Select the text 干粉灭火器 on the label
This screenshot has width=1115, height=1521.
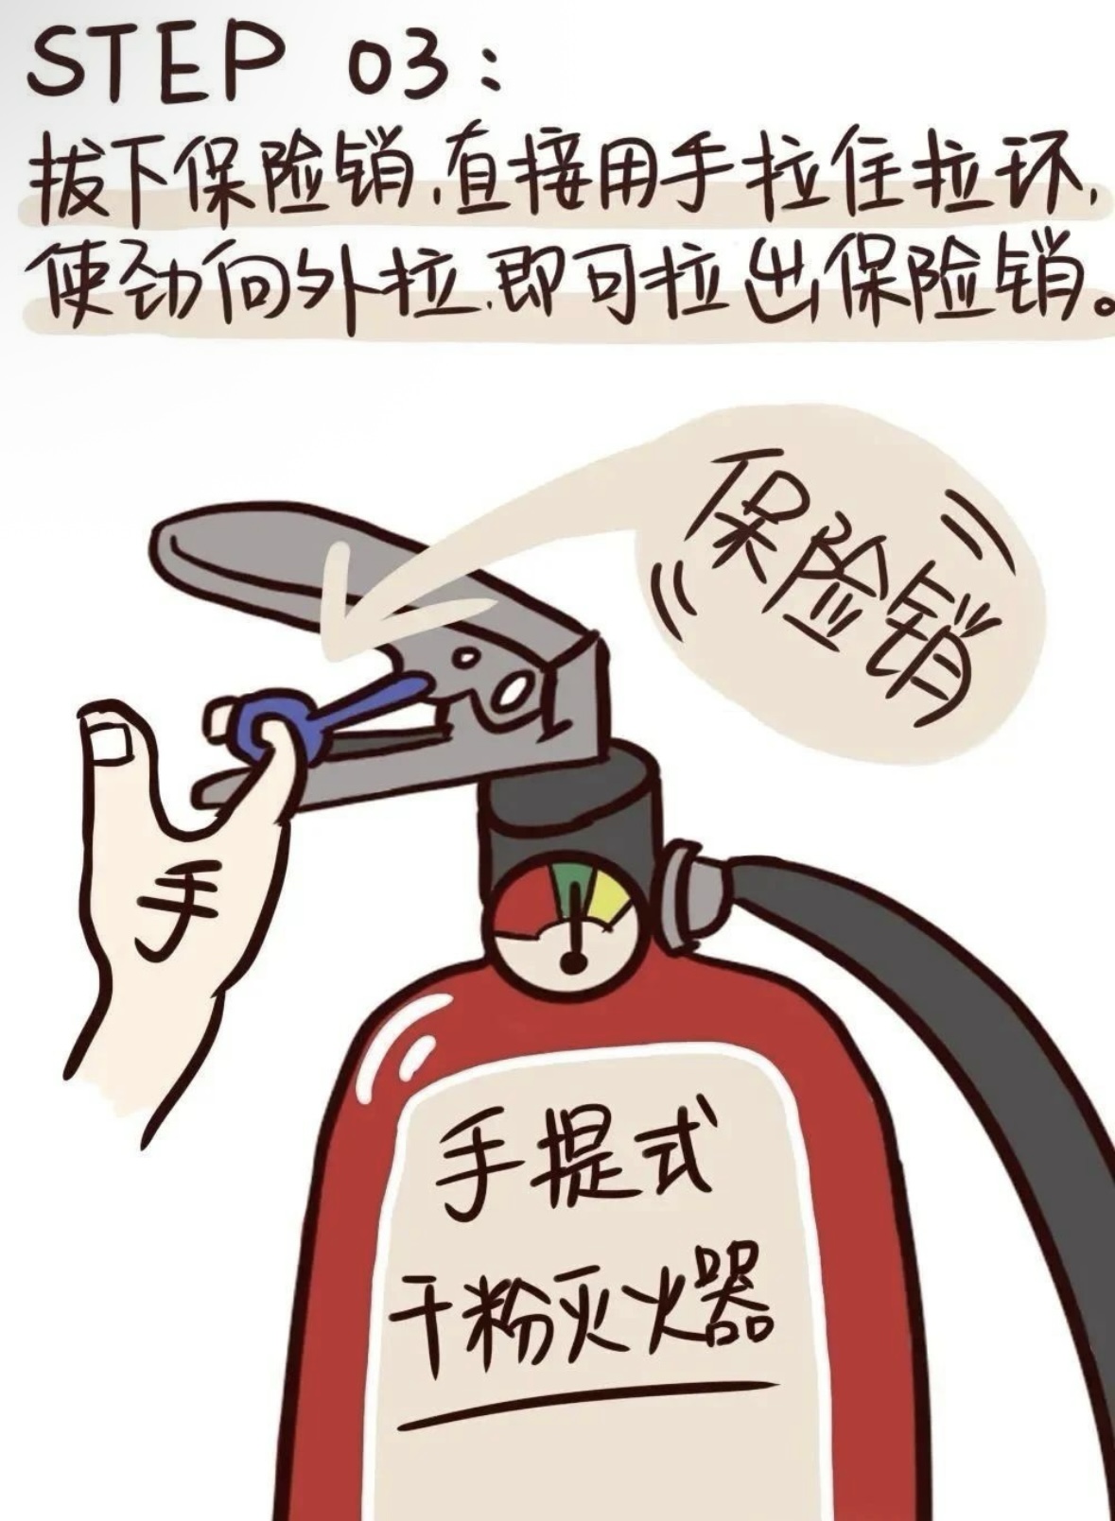coord(579,1307)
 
